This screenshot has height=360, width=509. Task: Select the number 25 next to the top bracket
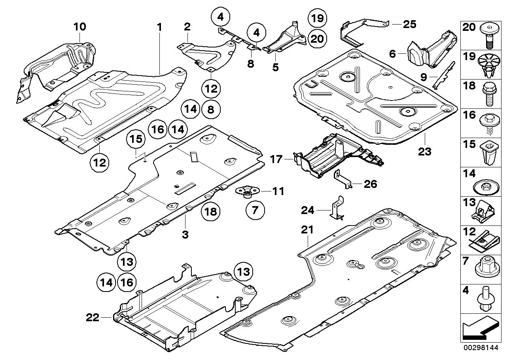tap(409, 25)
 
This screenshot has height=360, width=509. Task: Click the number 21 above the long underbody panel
tap(307, 230)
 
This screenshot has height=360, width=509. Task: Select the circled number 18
tap(211, 212)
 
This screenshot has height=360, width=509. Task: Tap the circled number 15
tap(136, 139)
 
